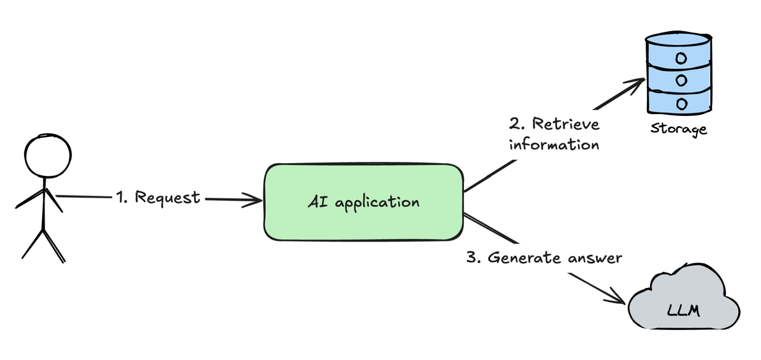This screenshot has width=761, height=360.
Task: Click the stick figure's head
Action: [x=47, y=156]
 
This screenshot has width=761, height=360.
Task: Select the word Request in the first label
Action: [x=168, y=198]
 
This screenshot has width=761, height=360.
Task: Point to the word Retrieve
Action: [x=565, y=124]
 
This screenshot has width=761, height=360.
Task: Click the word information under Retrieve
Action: [x=554, y=145]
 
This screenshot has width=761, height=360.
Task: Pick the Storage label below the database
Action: [x=678, y=129]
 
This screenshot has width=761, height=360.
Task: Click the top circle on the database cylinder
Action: [x=681, y=59]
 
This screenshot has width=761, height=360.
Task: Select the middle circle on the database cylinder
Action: [x=681, y=81]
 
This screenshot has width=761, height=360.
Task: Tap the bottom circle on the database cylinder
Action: [x=681, y=103]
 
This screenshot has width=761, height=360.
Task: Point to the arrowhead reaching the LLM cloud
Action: [x=619, y=298]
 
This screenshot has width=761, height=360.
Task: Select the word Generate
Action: [x=521, y=258]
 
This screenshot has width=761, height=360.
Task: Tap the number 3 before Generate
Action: [x=472, y=258]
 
